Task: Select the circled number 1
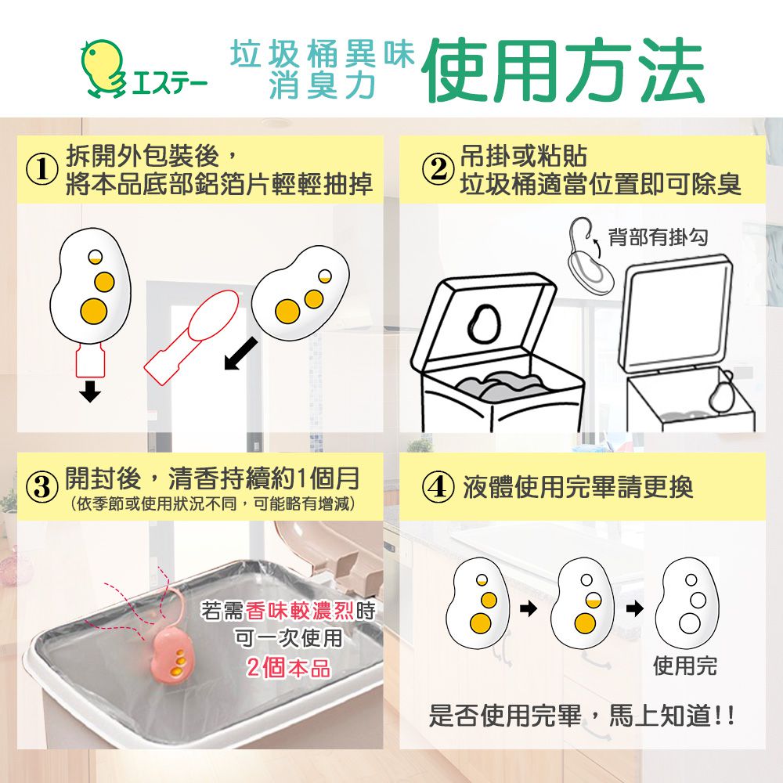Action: coord(43,171)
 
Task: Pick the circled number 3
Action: coord(43,488)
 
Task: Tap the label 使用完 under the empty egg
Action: coord(685,666)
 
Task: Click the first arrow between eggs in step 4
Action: coord(530,608)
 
